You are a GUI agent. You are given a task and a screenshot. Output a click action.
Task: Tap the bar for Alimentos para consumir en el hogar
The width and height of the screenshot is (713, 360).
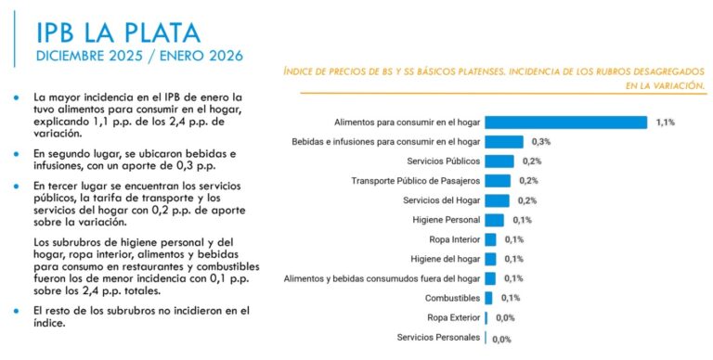point(565,122)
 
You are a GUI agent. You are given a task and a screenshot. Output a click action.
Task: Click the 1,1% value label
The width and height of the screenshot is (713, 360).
point(665,122)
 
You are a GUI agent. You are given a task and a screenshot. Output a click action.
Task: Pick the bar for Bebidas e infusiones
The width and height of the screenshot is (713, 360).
point(504,142)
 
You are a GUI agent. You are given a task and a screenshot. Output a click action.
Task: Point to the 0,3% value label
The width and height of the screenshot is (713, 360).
point(541,142)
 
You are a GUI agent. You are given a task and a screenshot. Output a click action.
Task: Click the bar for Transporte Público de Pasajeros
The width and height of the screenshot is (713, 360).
point(498,181)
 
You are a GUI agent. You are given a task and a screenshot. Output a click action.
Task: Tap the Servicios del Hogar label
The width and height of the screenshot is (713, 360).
point(441,200)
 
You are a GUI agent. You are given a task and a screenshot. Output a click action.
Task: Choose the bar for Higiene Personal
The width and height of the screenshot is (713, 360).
point(494,220)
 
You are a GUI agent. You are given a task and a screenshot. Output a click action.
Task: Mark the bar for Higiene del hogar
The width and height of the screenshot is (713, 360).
point(490,259)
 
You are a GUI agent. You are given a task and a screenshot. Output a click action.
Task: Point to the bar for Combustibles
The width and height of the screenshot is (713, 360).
point(489,298)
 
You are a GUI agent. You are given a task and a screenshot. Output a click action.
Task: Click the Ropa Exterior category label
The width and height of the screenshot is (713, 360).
point(453,317)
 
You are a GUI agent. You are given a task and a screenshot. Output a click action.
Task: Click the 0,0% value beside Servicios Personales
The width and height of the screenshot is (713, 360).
point(502,339)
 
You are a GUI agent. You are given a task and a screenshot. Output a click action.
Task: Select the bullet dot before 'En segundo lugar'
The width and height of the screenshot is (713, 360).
point(19,152)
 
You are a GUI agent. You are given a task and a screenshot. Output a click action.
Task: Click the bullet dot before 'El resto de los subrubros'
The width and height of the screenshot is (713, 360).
point(19,309)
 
